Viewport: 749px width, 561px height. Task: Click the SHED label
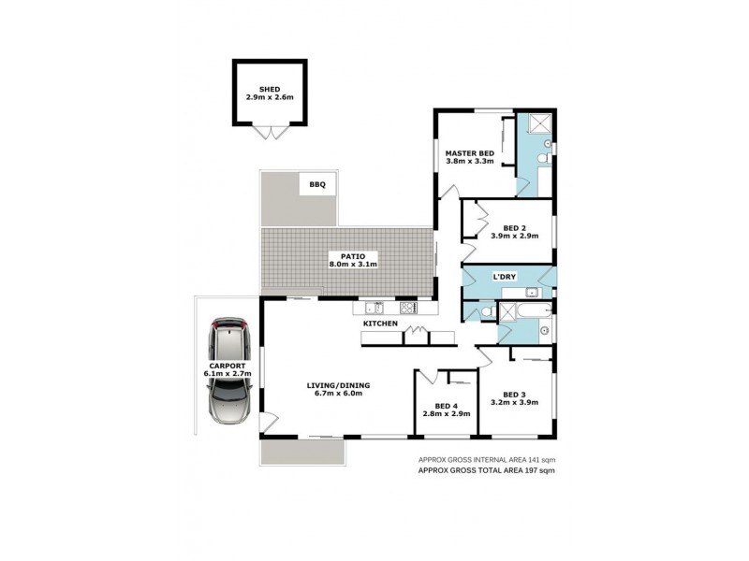(269, 90)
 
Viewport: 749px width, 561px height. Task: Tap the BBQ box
(316, 185)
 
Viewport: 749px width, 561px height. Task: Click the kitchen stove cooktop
(409, 307)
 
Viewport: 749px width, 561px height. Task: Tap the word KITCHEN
(382, 324)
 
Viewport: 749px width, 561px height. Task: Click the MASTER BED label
(469, 152)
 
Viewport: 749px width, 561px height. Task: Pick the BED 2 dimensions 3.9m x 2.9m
(513, 236)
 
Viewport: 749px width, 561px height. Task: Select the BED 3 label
(514, 394)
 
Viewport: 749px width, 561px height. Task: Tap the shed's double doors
(269, 131)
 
